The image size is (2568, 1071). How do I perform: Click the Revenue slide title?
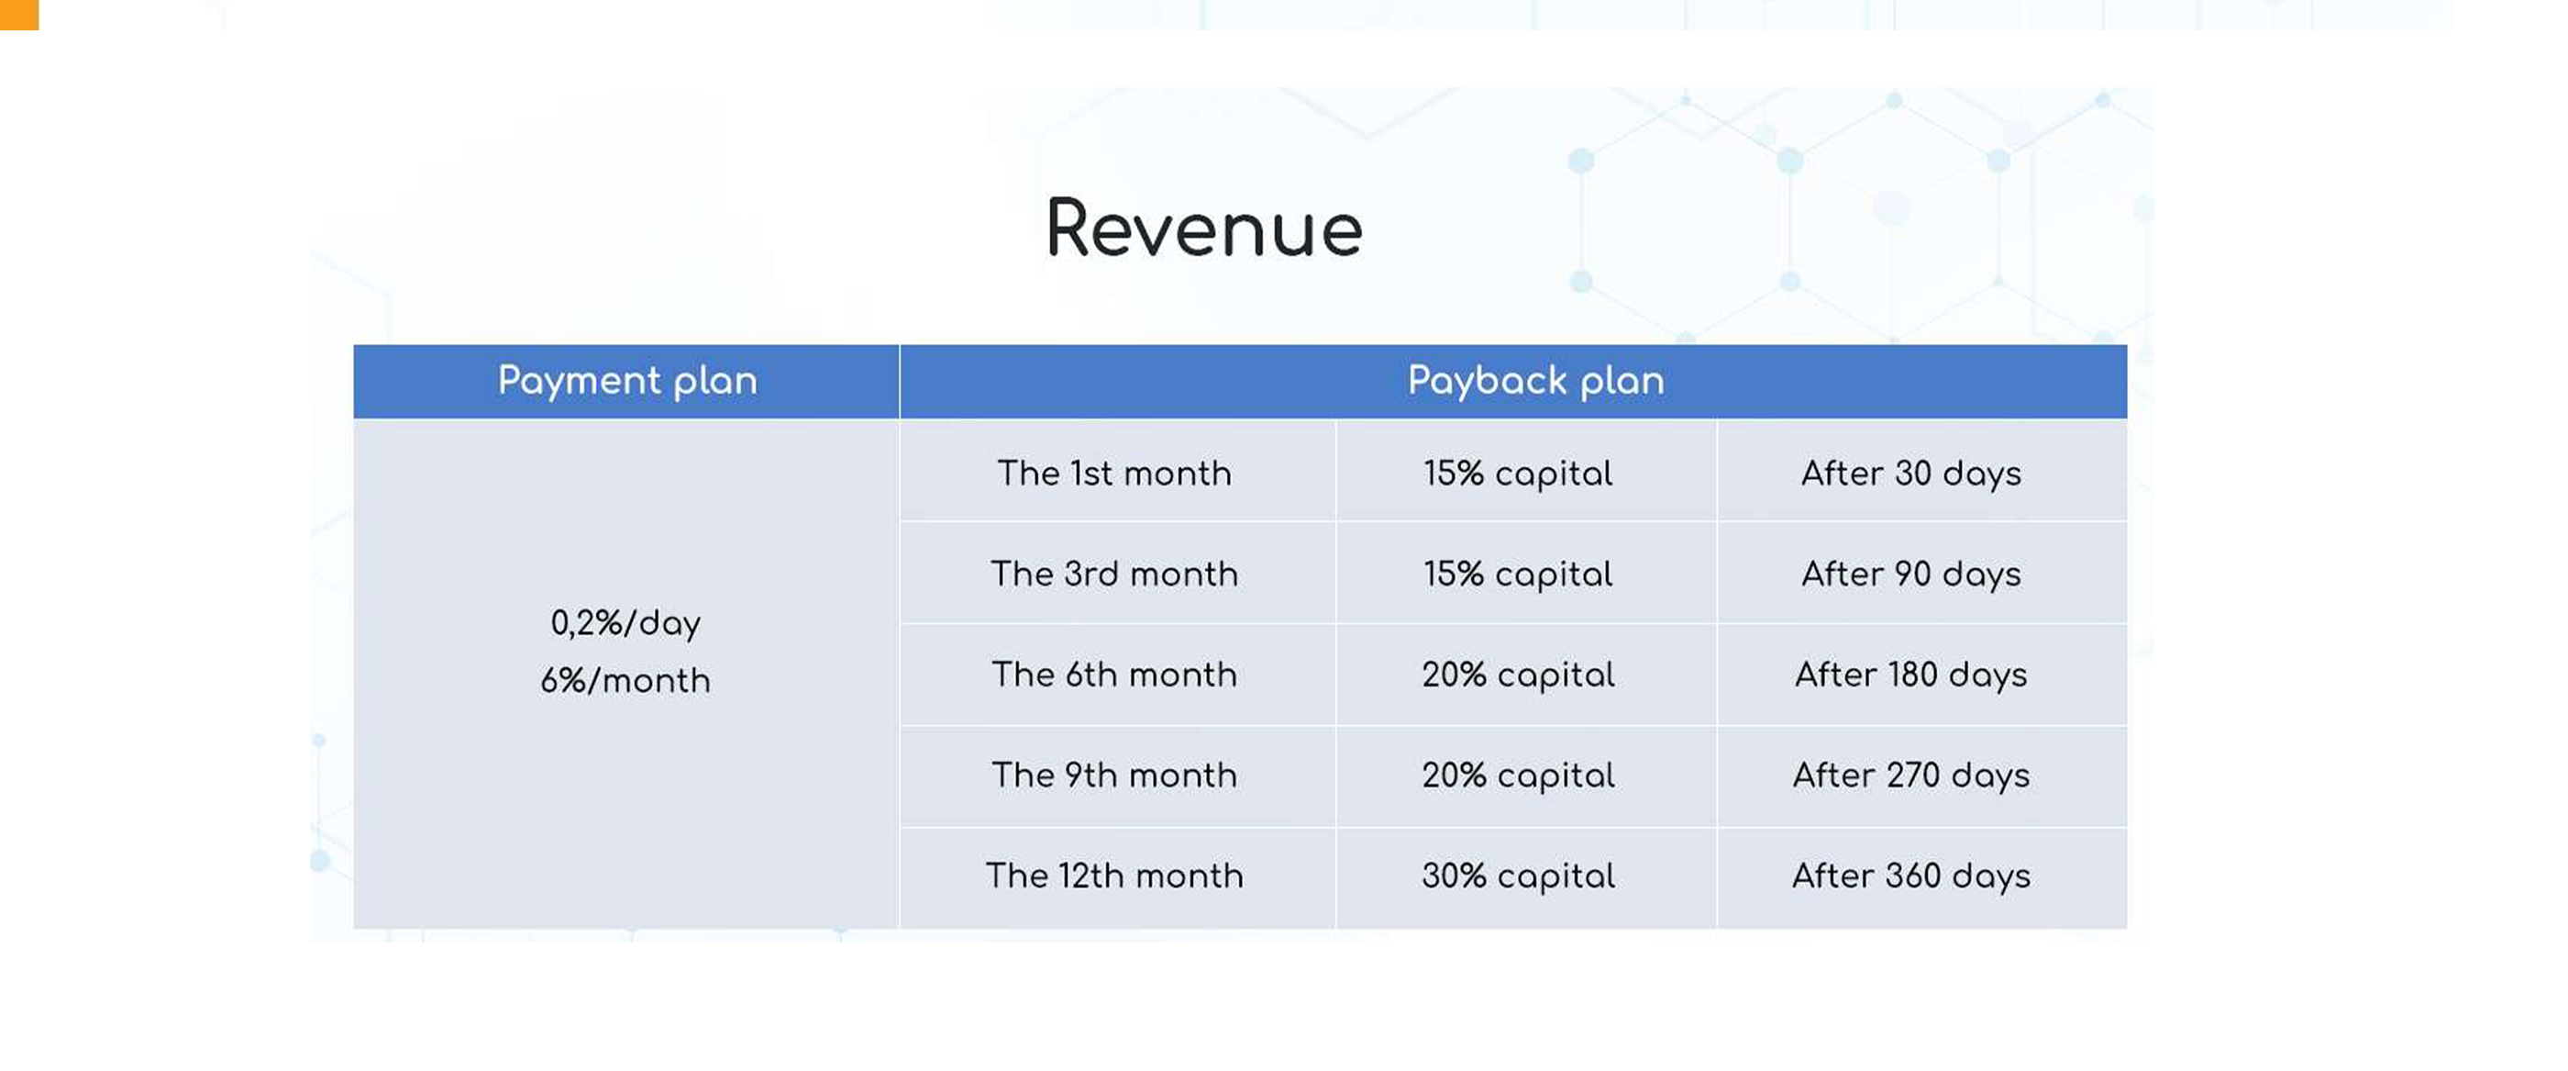click(1204, 229)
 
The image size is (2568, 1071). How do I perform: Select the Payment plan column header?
click(627, 381)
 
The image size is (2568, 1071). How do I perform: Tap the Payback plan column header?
click(1536, 381)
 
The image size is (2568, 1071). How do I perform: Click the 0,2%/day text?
click(626, 623)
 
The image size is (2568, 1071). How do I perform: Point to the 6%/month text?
click(626, 680)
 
